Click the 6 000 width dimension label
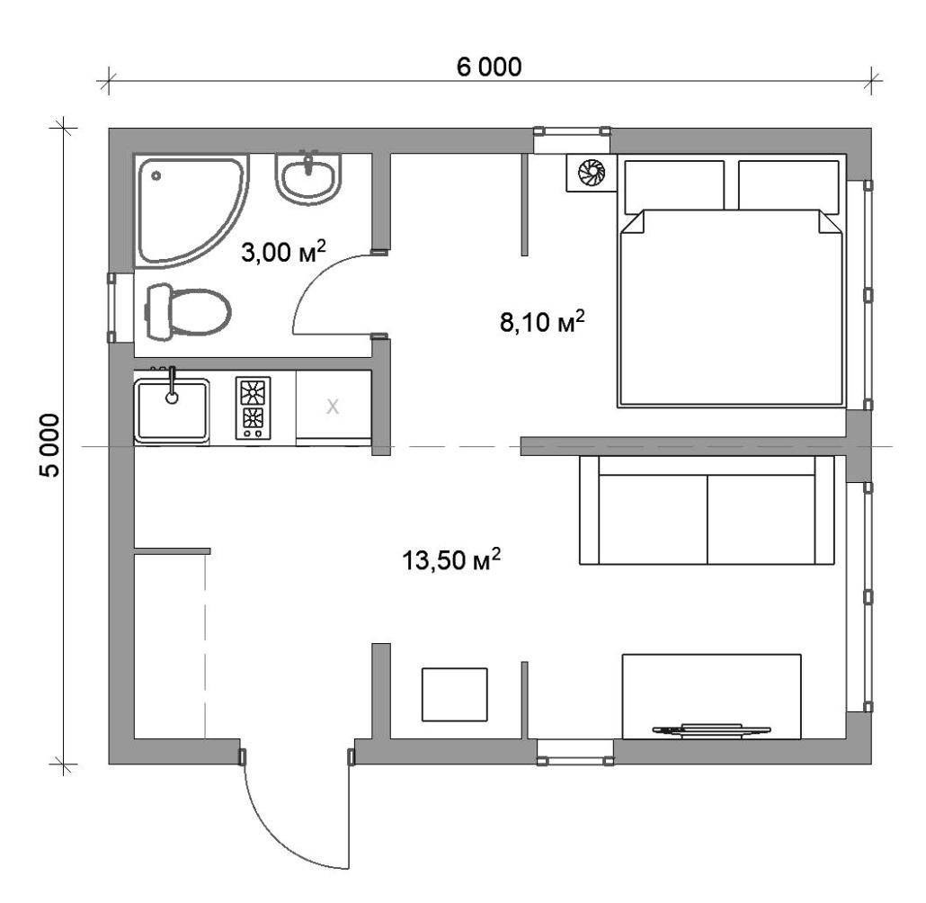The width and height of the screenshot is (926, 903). click(x=489, y=67)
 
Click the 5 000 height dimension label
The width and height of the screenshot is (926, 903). click(x=49, y=445)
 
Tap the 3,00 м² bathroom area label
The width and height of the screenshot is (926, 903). click(x=283, y=251)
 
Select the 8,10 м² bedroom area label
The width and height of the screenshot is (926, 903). click(x=542, y=321)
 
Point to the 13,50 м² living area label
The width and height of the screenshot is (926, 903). click(x=451, y=559)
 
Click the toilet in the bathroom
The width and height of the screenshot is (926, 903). click(x=188, y=311)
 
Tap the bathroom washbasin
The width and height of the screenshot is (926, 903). click(x=308, y=177)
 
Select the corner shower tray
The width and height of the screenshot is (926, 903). click(x=189, y=210)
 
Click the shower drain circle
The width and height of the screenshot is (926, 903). click(x=156, y=175)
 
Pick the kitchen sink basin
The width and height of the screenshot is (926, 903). click(x=171, y=410)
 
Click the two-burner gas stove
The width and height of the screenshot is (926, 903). click(x=254, y=407)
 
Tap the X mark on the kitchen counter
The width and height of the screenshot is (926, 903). click(x=333, y=407)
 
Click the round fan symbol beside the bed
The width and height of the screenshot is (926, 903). click(x=592, y=172)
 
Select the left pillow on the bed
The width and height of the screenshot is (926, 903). click(x=674, y=185)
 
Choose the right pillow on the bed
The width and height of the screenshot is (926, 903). click(x=788, y=185)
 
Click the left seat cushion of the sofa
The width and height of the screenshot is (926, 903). click(x=654, y=519)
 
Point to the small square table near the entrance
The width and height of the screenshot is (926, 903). click(x=454, y=694)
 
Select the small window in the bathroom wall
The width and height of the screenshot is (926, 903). click(x=112, y=308)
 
